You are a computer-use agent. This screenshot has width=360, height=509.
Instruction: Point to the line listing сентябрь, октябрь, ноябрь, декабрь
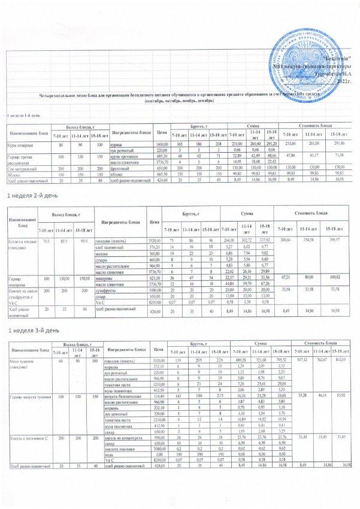pyautogui.click(x=179, y=101)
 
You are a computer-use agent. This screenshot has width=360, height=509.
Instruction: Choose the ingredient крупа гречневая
pyautogui.click(x=125, y=156)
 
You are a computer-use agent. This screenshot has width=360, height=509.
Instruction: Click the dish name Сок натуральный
pyautogui.click(x=21, y=168)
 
